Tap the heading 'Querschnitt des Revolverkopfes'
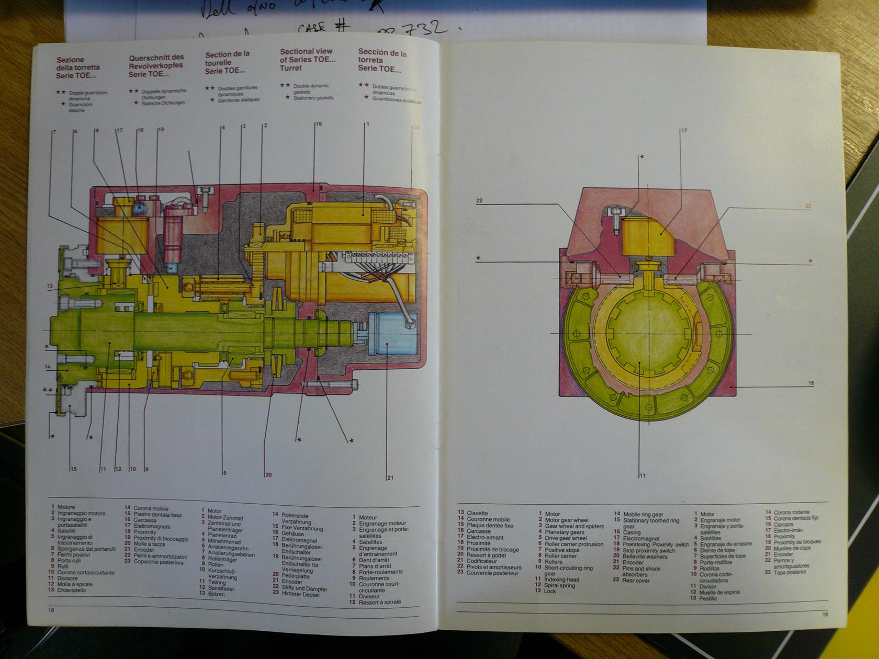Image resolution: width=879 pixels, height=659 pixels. (156, 65)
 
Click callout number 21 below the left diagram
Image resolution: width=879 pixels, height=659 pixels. (390, 478)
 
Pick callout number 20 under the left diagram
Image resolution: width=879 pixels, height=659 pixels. (268, 475)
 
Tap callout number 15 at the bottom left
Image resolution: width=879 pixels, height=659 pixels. (73, 469)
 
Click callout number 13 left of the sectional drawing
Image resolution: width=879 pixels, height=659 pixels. (50, 286)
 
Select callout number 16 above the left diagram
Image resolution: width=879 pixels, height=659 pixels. (319, 124)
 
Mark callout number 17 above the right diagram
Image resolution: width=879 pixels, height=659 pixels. (684, 131)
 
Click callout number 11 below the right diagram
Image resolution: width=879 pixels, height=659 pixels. (643, 475)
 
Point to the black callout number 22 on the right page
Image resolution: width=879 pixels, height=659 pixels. (479, 201)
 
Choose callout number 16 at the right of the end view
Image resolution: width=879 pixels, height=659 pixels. (811, 383)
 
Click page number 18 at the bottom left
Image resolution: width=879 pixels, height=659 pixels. (51, 610)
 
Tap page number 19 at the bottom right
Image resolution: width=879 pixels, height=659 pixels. (825, 614)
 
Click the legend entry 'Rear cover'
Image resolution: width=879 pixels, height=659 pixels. (635, 581)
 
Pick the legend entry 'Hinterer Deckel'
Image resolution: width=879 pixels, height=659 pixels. (300, 594)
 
